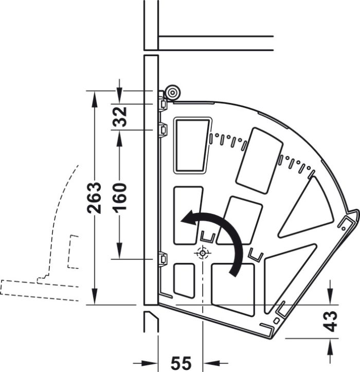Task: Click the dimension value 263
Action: [95, 198]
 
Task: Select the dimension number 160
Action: [119, 197]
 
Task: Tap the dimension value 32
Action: [119, 117]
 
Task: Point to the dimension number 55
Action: [181, 363]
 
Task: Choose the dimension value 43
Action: [331, 322]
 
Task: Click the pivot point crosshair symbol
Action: [202, 253]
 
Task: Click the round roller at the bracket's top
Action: [173, 92]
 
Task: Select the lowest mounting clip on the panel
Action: [163, 258]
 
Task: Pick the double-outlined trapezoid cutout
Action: [192, 145]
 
